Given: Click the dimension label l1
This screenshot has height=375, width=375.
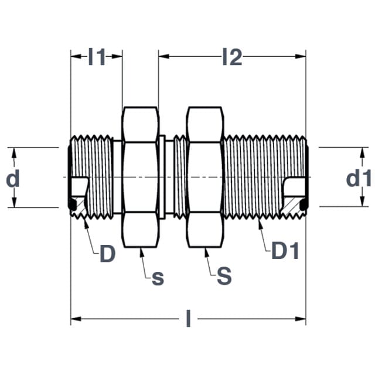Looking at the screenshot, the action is [97, 57].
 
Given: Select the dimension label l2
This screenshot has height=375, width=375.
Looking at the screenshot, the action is [232, 57].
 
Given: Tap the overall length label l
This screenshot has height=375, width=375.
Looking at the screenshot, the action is [189, 318].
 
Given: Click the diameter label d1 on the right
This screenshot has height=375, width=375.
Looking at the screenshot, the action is [359, 178].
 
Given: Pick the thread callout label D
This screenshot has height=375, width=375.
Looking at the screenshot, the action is [108, 253].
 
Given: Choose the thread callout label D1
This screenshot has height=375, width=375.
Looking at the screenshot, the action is [285, 250].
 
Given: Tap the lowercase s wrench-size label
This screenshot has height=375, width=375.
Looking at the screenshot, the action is [158, 278].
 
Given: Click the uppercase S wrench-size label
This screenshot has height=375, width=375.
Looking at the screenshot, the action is [224, 276].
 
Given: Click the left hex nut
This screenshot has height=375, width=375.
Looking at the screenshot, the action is [141, 177].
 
